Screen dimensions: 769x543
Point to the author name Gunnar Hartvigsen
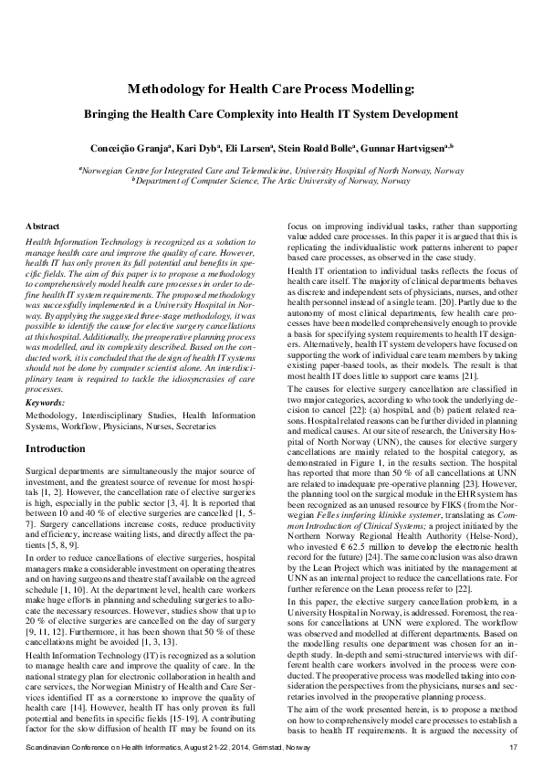coord(409,147)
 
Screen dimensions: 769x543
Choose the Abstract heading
coord(42,224)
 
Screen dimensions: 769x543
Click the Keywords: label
coord(46,401)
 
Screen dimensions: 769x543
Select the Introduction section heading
coord(55,449)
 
